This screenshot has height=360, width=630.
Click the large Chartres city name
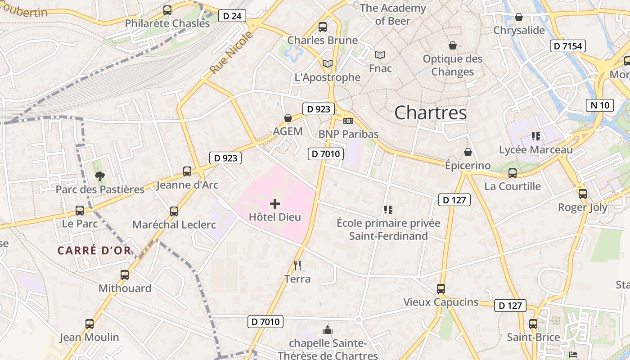431,113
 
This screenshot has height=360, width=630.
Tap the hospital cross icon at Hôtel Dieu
275,204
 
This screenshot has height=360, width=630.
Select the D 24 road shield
232,16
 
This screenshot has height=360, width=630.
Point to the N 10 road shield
600,105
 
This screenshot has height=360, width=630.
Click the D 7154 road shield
567,45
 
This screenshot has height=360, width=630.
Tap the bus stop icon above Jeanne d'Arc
187,171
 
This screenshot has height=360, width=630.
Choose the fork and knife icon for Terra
297,265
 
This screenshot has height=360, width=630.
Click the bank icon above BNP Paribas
348,121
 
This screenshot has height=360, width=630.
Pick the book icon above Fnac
380,55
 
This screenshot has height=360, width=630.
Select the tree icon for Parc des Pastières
100,176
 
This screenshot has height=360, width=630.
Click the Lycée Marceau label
536,149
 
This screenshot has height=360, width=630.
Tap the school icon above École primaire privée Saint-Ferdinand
388,209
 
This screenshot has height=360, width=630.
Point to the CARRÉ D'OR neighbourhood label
94,251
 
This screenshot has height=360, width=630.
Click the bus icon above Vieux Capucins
441,289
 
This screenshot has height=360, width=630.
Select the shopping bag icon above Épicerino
468,152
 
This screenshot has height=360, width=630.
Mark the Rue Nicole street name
231,53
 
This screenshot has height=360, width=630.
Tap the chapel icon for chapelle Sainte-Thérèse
328,330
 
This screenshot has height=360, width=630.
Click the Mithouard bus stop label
125,288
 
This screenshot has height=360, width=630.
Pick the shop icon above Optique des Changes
452,45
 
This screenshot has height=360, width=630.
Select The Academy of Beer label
392,14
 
